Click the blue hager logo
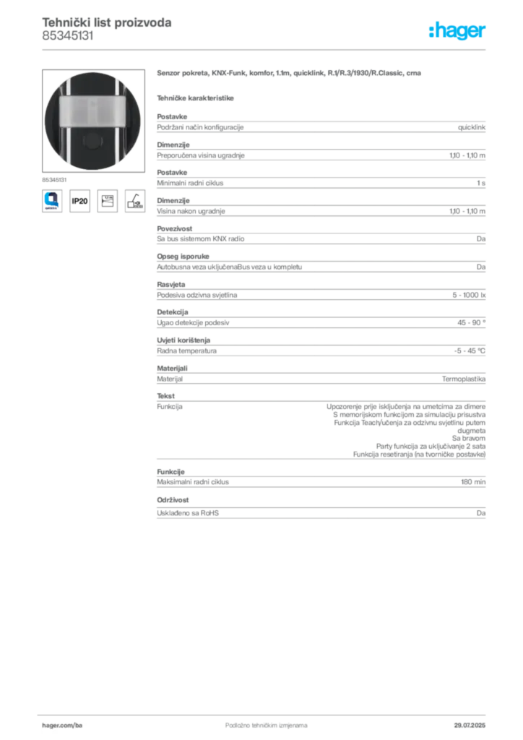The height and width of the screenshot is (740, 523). (x=458, y=31)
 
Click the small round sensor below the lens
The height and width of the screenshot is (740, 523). (x=91, y=139)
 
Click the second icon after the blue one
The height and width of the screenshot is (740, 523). (x=108, y=200)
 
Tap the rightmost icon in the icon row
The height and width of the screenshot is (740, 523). (x=134, y=200)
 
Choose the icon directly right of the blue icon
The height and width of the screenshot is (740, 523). (x=80, y=200)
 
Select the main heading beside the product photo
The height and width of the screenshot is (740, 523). (x=291, y=74)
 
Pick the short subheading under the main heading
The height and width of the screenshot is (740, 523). (x=196, y=96)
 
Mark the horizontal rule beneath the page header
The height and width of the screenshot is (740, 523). (x=266, y=49)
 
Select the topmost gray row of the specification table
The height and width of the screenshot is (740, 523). (x=321, y=126)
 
